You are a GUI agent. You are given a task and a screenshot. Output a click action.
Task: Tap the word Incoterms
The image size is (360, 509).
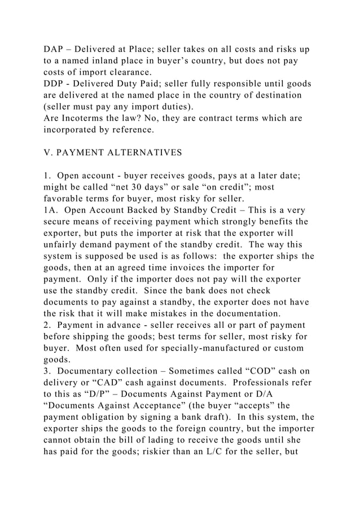(x=85, y=119)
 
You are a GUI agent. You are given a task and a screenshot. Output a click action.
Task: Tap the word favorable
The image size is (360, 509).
(x=68, y=200)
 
